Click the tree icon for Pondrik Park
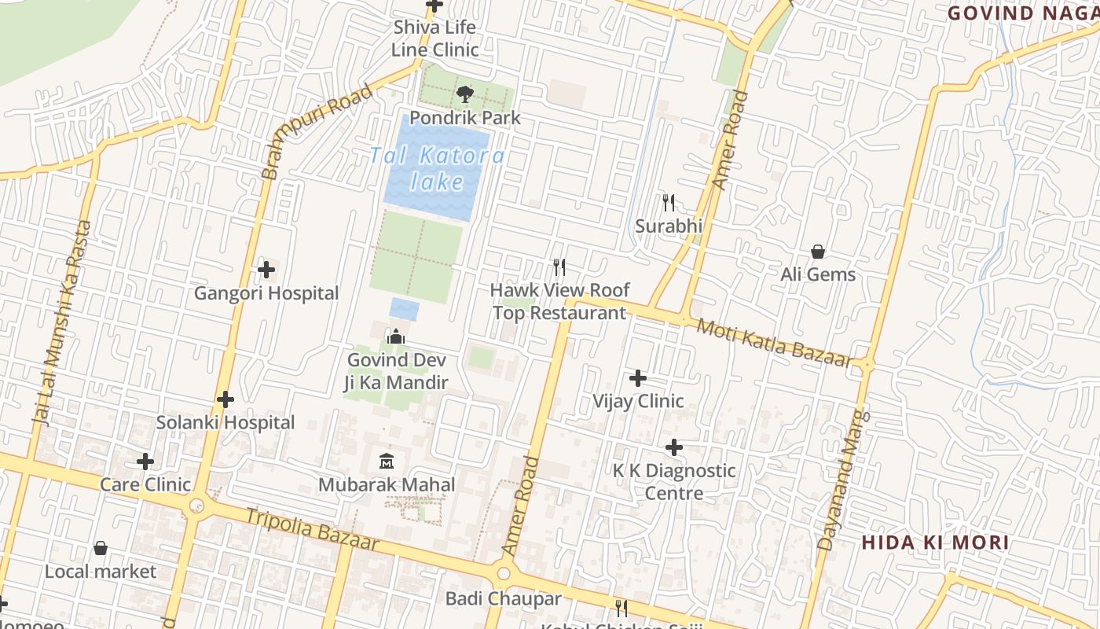pyautogui.click(x=464, y=94)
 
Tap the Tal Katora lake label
pyautogui.click(x=438, y=168)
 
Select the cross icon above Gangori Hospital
pyautogui.click(x=266, y=270)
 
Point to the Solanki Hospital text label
pyautogui.click(x=225, y=422)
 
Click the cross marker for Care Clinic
pyautogui.click(x=145, y=461)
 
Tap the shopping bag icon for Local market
pyautogui.click(x=101, y=547)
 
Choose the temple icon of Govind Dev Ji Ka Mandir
pyautogui.click(x=396, y=337)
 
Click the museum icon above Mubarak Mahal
pyautogui.click(x=387, y=460)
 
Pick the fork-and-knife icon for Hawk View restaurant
pyautogui.click(x=559, y=267)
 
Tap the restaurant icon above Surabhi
pyautogui.click(x=668, y=203)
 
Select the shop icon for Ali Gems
pyautogui.click(x=818, y=252)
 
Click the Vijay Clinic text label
pyautogui.click(x=638, y=401)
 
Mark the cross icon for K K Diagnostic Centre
pyautogui.click(x=673, y=447)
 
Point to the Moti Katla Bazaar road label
pyautogui.click(x=775, y=343)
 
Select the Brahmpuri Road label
pyautogui.click(x=316, y=131)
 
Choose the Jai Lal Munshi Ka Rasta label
pyautogui.click(x=62, y=322)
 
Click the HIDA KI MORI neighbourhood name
pyautogui.click(x=935, y=543)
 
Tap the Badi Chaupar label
pyautogui.click(x=504, y=598)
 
